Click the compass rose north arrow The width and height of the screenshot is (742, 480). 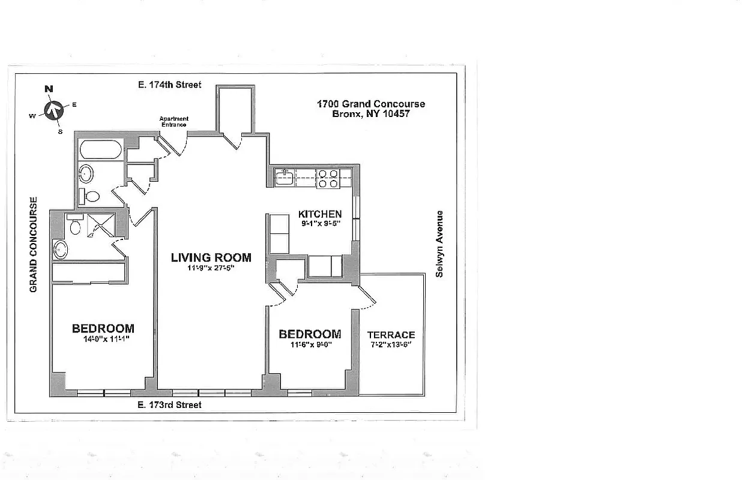point(54,110)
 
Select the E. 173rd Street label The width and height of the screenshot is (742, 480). point(170,405)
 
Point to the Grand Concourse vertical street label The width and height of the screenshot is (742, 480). point(34,245)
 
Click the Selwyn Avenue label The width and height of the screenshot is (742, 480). point(439,243)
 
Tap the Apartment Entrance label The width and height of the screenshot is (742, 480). point(173,121)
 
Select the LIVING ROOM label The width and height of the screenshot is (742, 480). point(211,257)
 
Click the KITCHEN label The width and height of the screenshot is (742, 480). point(320,214)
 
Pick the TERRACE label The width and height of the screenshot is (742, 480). point(391,335)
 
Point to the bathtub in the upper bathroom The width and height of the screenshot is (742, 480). point(100,149)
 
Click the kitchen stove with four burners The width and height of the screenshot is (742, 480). point(328,178)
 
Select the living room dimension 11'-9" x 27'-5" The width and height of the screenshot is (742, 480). point(210,268)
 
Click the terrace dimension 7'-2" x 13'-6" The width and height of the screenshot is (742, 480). point(391,345)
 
